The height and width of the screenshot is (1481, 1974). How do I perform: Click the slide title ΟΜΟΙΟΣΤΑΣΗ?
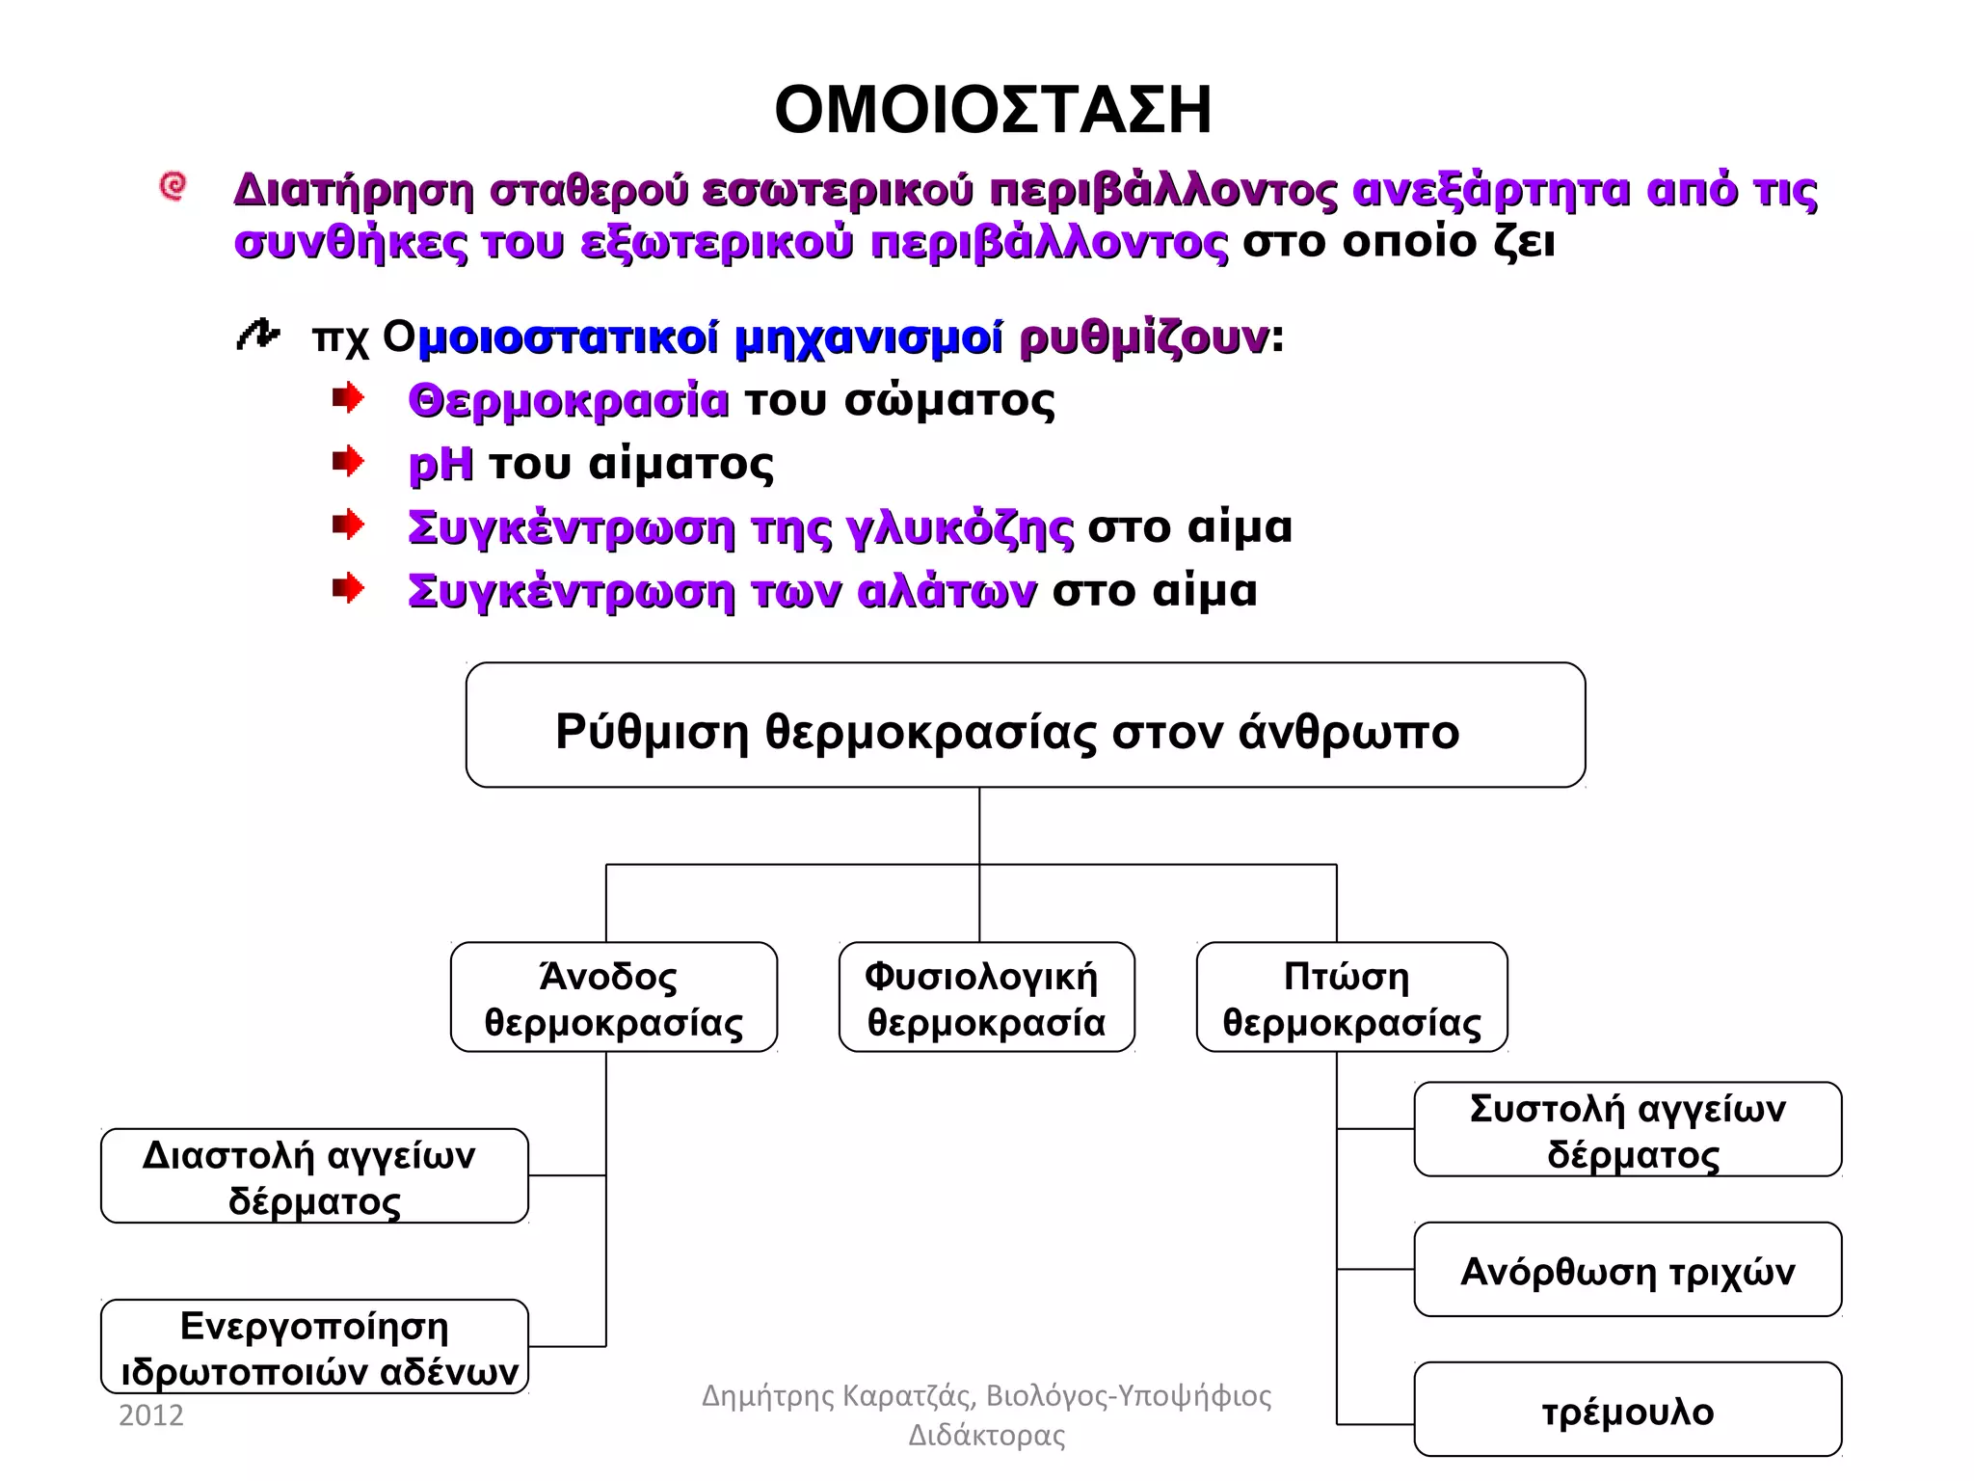(x=993, y=110)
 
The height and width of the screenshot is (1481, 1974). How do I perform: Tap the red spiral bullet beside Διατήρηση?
(x=173, y=186)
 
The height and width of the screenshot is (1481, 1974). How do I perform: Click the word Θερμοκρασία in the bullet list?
(x=569, y=400)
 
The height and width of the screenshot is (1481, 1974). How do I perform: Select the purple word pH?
(x=440, y=465)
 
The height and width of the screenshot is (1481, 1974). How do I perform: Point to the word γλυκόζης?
(x=960, y=528)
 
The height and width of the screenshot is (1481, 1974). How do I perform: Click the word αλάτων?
(x=947, y=591)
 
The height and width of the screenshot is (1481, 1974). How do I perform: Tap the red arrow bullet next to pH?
(x=348, y=462)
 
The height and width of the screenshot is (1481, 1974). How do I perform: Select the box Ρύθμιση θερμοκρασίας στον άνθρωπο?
(x=1025, y=725)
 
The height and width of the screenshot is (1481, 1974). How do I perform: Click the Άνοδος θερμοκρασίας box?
(x=613, y=997)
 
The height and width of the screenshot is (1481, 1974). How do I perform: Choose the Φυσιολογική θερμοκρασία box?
(x=986, y=997)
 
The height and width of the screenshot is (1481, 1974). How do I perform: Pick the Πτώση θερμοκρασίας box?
(x=1351, y=997)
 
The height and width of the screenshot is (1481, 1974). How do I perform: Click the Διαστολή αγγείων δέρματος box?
(x=314, y=1175)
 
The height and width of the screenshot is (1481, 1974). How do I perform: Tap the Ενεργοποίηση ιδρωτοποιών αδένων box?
(x=314, y=1346)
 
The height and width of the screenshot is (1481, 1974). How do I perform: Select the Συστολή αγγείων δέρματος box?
(x=1627, y=1129)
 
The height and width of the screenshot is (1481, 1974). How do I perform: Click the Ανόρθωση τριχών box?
(x=1627, y=1270)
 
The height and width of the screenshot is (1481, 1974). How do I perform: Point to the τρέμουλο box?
(x=1627, y=1410)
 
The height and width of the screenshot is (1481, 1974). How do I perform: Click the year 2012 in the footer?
(x=150, y=1414)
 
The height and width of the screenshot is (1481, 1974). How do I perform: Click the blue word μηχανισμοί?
(x=867, y=338)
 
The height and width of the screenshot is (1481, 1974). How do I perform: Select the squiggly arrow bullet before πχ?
(x=257, y=335)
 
